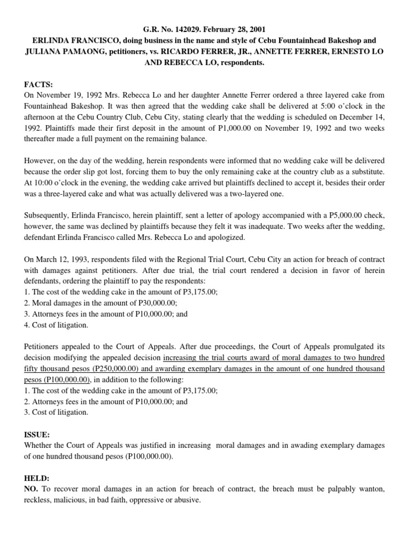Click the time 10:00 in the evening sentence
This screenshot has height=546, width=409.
pos(44,182)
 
